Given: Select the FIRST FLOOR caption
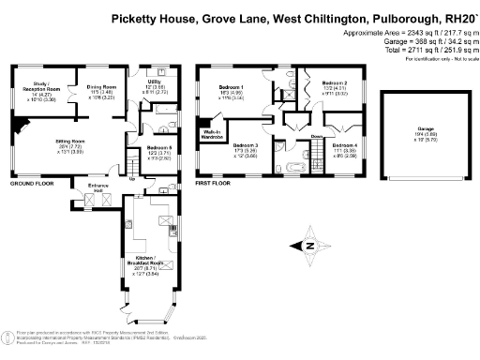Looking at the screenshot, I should tap(213, 185).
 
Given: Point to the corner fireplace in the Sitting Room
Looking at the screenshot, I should tap(19, 123).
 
